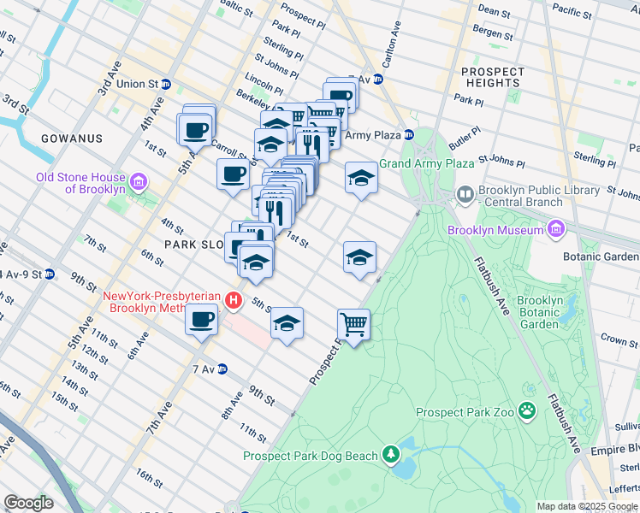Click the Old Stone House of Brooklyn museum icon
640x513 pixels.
138,182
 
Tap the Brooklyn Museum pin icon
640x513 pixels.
556,229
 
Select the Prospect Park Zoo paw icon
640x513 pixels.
526,412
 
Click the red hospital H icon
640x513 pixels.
233,300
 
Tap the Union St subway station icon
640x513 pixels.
166,84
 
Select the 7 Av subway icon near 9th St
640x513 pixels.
222,369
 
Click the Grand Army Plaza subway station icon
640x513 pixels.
409,135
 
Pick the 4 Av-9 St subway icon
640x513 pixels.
50,274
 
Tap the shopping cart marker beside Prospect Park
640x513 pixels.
353,324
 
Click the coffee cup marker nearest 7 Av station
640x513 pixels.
201,321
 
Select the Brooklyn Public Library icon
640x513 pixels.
465,193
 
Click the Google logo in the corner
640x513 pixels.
28,503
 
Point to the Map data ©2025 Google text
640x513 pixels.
586,506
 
